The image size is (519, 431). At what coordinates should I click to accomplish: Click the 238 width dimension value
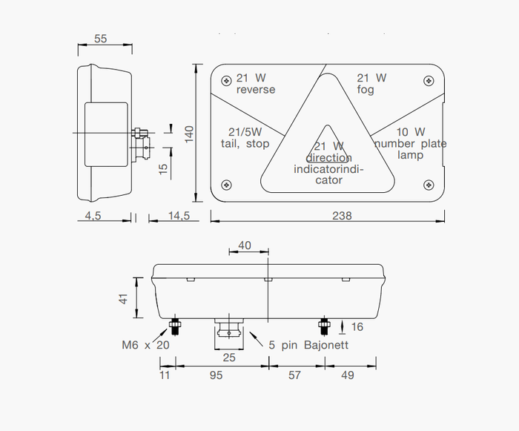pos(342,216)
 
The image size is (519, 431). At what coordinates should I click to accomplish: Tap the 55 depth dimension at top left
pos(100,39)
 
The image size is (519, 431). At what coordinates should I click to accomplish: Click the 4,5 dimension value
pos(92,216)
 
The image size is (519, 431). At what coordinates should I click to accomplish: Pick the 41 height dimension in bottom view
pos(124,298)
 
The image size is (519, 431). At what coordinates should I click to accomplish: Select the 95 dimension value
pos(216,375)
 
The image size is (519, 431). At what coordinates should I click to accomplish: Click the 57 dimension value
pos(294,375)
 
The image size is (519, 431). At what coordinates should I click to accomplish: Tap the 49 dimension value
pos(347,375)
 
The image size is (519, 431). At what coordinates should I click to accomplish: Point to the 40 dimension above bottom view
pos(244,246)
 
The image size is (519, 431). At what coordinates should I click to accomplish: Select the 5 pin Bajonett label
pos(308,345)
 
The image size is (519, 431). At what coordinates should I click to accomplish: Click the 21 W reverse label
pos(255,84)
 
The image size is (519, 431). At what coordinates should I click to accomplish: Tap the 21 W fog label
pos(371,84)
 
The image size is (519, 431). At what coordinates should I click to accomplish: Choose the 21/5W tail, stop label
pos(245,138)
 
